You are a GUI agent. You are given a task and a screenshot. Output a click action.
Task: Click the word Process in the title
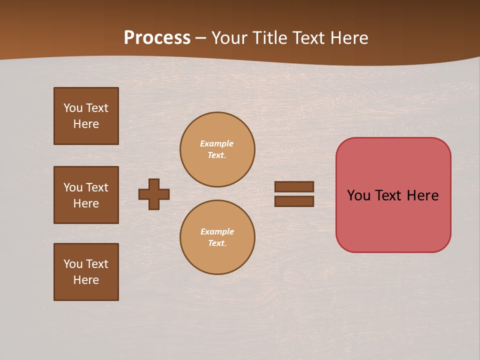pyautogui.click(x=157, y=38)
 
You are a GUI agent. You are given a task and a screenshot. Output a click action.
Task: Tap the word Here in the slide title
pyautogui.click(x=347, y=38)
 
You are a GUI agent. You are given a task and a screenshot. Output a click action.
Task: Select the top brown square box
pyautogui.click(x=86, y=116)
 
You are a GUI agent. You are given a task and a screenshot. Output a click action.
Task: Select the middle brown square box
pyautogui.click(x=86, y=195)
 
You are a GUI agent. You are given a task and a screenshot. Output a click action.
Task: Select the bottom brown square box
pyautogui.click(x=86, y=272)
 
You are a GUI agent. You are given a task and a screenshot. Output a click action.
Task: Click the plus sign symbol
pyautogui.click(x=154, y=194)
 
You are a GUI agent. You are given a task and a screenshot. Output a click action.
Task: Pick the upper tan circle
pyautogui.click(x=217, y=149)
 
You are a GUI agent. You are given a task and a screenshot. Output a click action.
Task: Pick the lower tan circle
pyautogui.click(x=217, y=237)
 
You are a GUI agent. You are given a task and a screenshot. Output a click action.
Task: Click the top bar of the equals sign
pyautogui.click(x=294, y=186)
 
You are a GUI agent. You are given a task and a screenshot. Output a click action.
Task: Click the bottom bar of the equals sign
pyautogui.click(x=294, y=201)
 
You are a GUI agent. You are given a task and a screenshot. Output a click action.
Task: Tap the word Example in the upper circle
pyautogui.click(x=217, y=143)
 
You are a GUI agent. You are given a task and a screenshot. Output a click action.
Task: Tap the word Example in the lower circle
pyautogui.click(x=217, y=231)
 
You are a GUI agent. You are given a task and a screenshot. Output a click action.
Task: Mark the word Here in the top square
pyautogui.click(x=86, y=124)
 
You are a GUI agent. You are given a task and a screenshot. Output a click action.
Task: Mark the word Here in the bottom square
pyautogui.click(x=86, y=280)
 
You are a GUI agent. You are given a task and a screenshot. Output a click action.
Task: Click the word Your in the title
pyautogui.click(x=230, y=38)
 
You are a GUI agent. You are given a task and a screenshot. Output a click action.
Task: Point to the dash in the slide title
pyautogui.click(x=200, y=38)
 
